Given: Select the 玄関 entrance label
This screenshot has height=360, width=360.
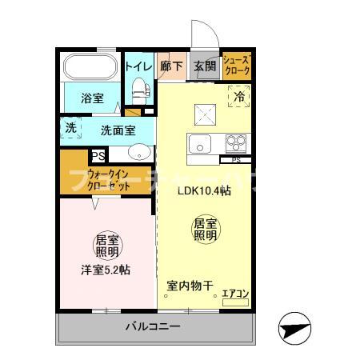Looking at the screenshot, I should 204,67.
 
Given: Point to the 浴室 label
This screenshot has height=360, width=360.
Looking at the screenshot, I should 92,98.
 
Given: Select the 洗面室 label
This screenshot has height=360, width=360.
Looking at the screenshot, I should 118,130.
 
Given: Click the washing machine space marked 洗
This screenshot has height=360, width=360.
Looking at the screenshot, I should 70,128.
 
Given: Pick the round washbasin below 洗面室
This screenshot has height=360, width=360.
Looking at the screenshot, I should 141,152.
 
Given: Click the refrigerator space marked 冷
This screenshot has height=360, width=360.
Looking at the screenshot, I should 239,97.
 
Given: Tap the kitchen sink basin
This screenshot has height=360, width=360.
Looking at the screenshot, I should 199,145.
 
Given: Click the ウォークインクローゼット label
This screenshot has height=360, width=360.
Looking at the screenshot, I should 109,179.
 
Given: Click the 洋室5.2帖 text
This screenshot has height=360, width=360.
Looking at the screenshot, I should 105,270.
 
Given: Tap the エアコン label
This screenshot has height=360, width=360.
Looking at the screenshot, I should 235,294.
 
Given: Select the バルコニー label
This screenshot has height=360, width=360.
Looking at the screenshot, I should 152,326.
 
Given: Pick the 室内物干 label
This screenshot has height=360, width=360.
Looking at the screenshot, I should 190,286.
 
